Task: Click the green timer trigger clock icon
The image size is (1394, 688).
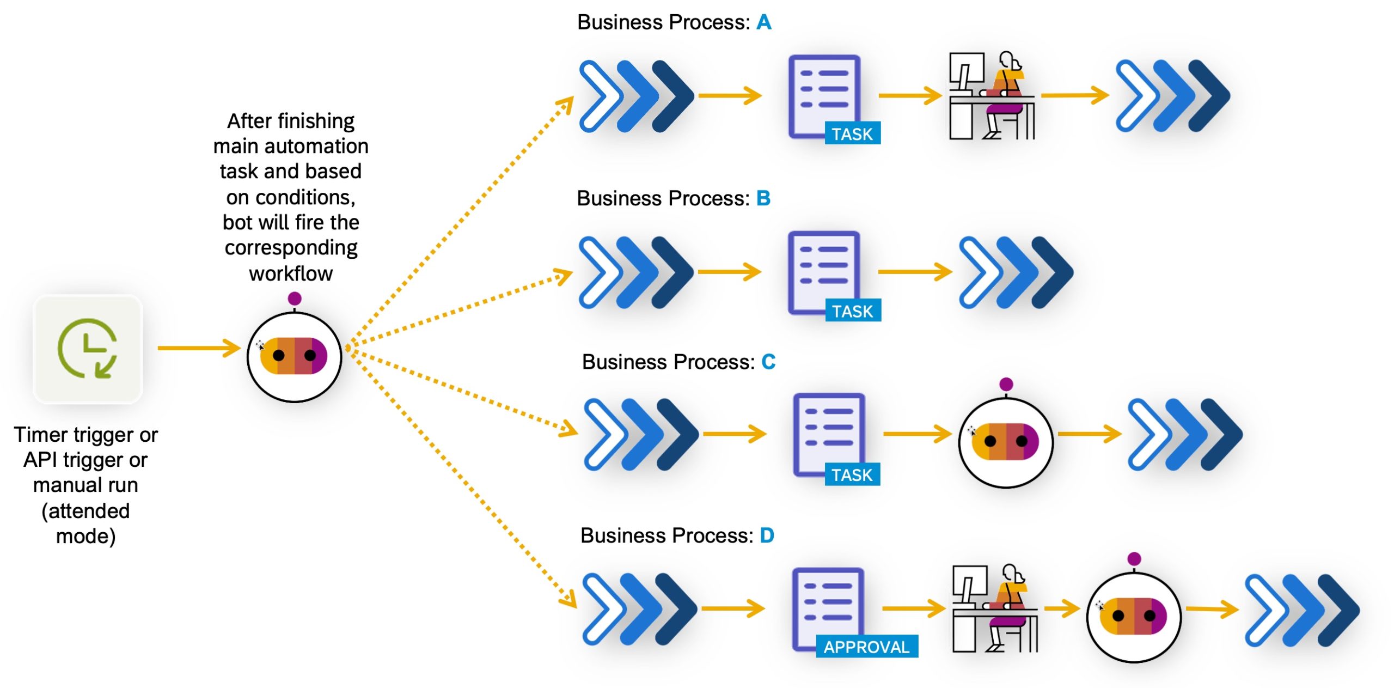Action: click(88, 349)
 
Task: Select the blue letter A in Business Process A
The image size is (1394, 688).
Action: click(763, 23)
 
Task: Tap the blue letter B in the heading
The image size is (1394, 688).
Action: click(763, 199)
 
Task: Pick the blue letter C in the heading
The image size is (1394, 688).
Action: click(768, 362)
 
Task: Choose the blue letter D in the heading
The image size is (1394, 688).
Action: click(767, 536)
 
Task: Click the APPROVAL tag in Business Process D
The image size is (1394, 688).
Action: click(866, 647)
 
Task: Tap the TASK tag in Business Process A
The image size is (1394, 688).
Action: click(852, 134)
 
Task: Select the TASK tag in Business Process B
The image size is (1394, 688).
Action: click(853, 311)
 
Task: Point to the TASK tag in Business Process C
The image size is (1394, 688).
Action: click(852, 475)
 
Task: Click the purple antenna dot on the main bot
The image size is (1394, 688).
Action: click(295, 299)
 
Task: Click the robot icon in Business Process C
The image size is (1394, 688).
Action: click(1005, 442)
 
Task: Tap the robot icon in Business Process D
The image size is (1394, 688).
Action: click(1133, 616)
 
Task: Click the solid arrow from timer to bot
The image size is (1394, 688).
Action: click(199, 348)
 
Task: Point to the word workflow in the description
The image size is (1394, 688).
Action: click(291, 273)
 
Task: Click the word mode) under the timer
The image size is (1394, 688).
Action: click(86, 537)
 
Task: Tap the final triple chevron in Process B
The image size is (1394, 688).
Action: click(1016, 272)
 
